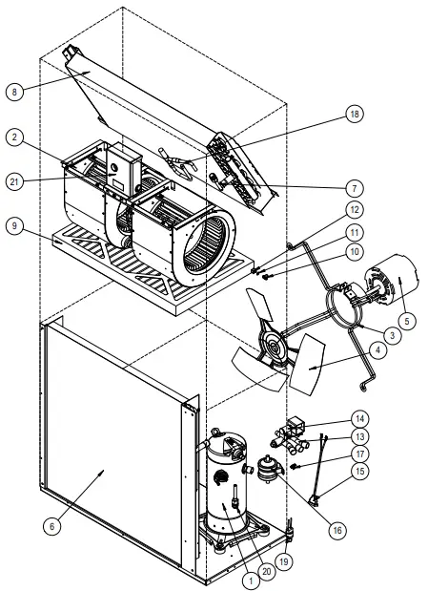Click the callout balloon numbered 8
coord(13,93)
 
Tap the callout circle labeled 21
coord(13,179)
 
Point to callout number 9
coord(13,226)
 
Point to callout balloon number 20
coord(268,571)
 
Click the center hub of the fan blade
coord(273,349)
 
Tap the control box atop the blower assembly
coord(123,167)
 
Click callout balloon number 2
coord(13,137)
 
